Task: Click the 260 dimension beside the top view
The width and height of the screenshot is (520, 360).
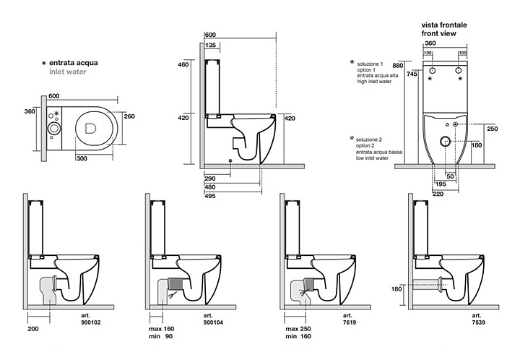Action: [129, 116]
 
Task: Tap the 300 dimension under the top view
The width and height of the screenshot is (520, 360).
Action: [83, 158]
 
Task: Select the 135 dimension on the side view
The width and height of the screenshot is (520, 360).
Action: [212, 45]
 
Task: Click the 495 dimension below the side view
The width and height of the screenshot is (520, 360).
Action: [211, 194]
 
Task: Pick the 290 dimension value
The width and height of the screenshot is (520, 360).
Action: [211, 177]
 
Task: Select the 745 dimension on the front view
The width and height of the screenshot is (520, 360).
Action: [412, 74]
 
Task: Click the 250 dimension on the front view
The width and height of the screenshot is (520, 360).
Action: [493, 129]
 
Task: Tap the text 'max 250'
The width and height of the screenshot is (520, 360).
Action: [298, 327]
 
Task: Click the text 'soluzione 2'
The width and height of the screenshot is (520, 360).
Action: [370, 137]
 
